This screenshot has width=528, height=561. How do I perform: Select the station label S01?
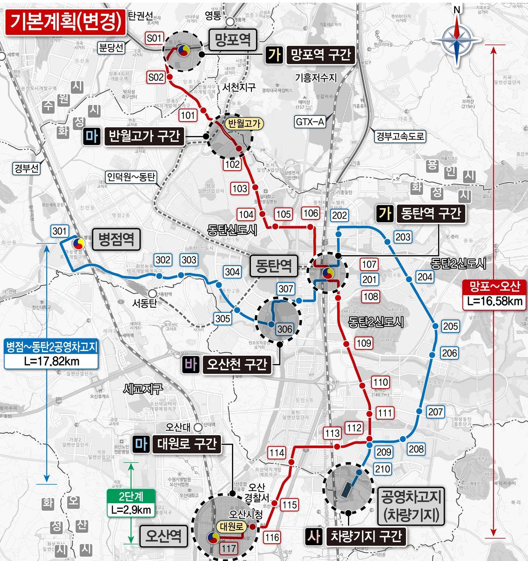pos(154,38)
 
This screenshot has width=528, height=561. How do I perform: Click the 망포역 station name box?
pos(233,40)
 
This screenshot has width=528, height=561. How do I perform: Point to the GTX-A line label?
pos(310,122)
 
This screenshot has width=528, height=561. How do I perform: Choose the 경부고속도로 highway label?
pos(400,136)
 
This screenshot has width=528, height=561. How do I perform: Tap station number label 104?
pos(246,214)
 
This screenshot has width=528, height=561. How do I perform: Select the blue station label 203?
pos(403,237)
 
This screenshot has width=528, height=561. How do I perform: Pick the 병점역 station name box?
pos(116,239)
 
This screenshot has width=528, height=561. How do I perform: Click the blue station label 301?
pos(60,231)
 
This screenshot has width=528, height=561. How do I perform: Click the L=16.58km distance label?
pos(494,301)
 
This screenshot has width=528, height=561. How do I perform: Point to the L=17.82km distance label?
pos(52,361)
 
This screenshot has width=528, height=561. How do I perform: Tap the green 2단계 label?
pos(131,495)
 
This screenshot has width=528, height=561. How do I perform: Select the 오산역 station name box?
pos(164,535)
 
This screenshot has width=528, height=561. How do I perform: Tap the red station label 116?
pos(272,537)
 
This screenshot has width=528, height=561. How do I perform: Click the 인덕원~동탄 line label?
pos(131,177)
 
